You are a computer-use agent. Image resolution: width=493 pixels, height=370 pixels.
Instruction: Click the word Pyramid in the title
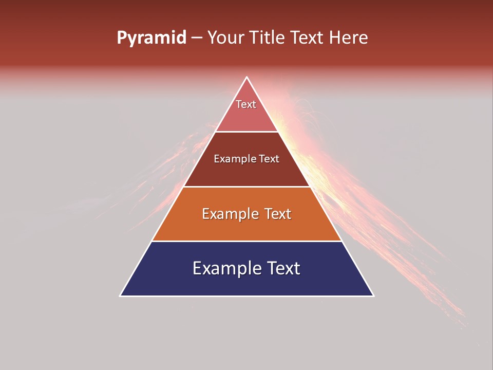click(x=151, y=38)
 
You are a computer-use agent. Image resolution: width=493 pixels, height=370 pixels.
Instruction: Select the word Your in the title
click(x=225, y=38)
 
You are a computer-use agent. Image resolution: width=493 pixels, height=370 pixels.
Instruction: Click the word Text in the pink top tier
click(x=246, y=104)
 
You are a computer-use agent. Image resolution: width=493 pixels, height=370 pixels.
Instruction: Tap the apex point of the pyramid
click(x=247, y=78)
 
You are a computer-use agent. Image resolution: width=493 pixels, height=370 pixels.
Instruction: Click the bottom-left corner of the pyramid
click(x=121, y=295)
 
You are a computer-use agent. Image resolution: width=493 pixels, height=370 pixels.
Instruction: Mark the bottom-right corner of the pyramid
click(x=373, y=295)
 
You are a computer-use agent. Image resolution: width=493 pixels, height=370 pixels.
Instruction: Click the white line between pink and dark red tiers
click(x=247, y=132)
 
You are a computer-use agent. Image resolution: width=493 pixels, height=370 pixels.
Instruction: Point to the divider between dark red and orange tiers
click(x=247, y=187)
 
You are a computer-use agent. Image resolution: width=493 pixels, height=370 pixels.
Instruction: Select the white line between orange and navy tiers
click(x=247, y=241)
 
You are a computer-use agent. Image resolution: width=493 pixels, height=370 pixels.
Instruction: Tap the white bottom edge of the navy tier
click(x=247, y=296)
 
